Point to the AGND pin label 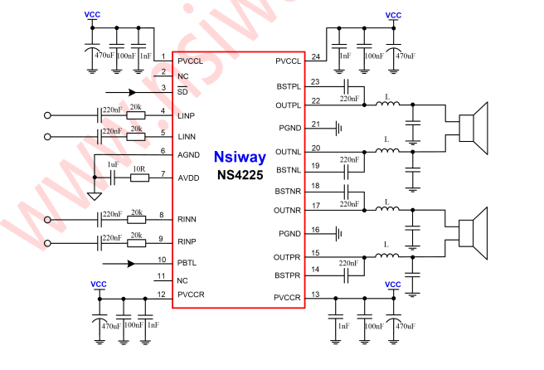(x=188, y=155)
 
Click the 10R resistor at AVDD (x=139, y=177)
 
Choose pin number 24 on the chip (x=316, y=56)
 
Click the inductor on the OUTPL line (x=386, y=105)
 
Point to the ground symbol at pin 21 (x=340, y=129)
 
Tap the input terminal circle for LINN (x=47, y=137)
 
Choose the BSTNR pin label (x=289, y=191)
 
